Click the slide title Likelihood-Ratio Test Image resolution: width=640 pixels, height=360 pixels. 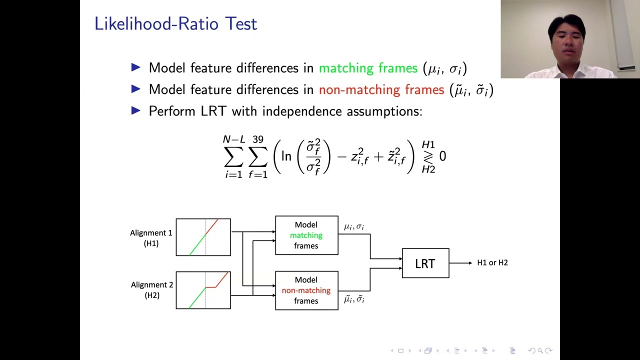[175, 23]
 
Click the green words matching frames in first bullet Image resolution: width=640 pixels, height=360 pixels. [368, 68]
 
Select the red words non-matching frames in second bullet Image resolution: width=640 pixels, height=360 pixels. [381, 90]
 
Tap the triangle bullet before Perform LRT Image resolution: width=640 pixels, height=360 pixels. [136, 110]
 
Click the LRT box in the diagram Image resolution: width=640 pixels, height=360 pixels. [425, 263]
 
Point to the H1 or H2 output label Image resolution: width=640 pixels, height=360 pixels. [492, 263]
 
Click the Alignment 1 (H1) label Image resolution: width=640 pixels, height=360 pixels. [151, 238]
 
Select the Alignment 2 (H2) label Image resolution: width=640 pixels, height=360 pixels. [151, 290]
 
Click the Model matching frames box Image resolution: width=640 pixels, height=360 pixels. [306, 235]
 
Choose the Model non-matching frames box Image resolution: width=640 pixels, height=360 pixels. [306, 290]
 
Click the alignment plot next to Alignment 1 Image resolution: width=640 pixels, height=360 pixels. [203, 237]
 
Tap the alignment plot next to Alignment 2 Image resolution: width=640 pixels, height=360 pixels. [203, 290]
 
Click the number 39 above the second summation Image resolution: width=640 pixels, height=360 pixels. [257, 139]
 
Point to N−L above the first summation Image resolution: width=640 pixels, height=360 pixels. [233, 139]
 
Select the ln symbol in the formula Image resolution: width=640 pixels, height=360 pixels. [286, 156]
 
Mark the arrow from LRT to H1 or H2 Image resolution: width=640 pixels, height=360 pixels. [460, 263]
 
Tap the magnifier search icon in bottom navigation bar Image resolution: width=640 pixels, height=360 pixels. [540, 351]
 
